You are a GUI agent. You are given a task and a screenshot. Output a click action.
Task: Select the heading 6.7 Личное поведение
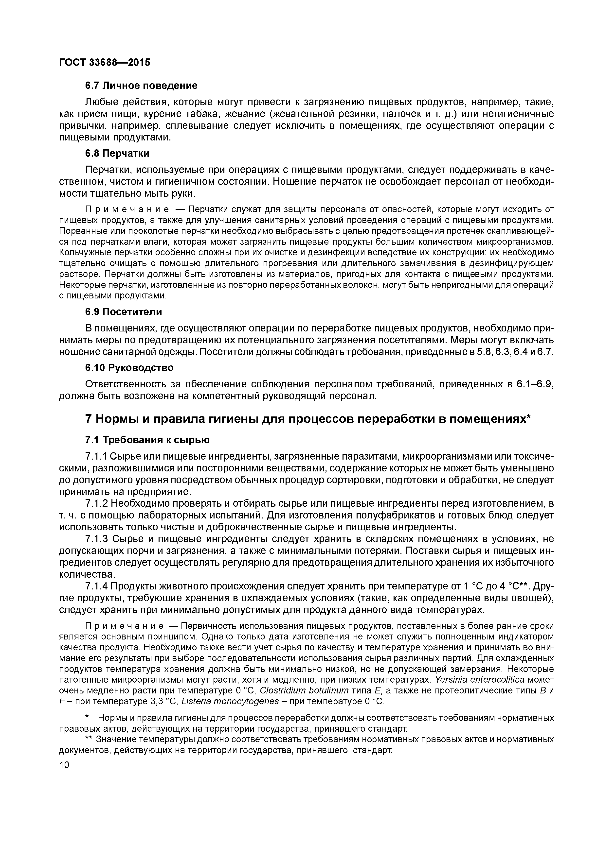click(141, 86)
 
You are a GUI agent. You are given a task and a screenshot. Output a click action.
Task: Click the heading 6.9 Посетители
click(123, 312)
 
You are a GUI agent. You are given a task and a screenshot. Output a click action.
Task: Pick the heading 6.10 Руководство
click(129, 368)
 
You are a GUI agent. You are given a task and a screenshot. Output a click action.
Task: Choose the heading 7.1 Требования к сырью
click(147, 440)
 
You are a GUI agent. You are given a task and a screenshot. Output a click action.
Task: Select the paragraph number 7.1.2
click(96, 503)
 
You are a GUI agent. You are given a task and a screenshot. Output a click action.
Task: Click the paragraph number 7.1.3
click(96, 539)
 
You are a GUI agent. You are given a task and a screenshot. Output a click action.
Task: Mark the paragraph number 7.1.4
click(96, 586)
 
